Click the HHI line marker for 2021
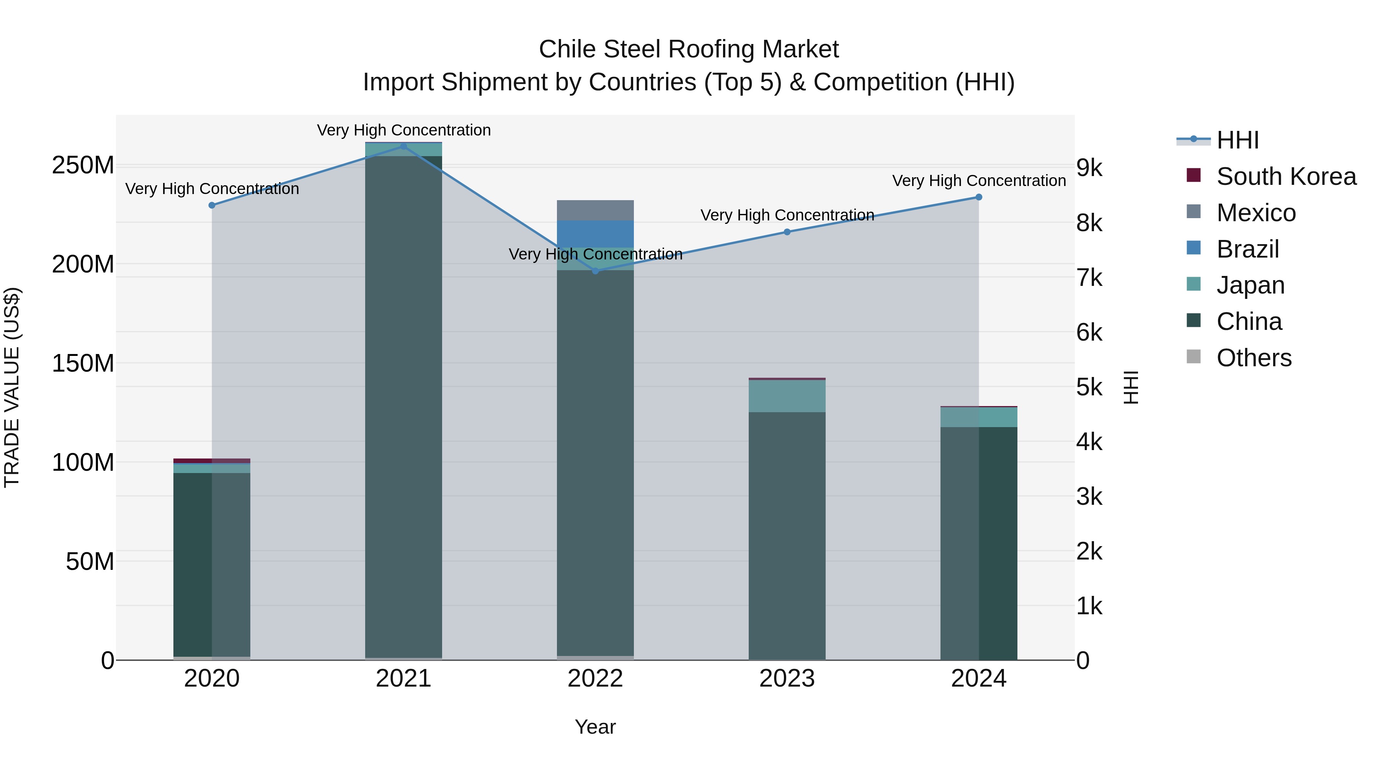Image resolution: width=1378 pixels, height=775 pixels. [x=403, y=147]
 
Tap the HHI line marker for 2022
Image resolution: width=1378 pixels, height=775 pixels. [x=595, y=271]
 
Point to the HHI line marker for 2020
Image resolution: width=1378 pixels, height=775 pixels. [x=212, y=206]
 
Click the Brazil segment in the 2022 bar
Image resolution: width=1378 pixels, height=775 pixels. [x=595, y=234]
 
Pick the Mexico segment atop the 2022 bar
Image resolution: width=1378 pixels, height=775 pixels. [x=595, y=210]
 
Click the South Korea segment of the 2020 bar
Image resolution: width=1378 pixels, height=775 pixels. [x=212, y=460]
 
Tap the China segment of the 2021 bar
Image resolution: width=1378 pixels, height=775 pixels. [x=403, y=406]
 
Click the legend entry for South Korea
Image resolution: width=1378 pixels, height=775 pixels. [x=1286, y=176]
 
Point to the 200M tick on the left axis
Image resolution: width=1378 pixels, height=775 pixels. [x=83, y=264]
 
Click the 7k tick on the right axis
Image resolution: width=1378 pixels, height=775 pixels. [x=1089, y=278]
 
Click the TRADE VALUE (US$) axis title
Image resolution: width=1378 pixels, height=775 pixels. [x=12, y=387]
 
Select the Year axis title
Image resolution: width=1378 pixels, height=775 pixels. [x=595, y=727]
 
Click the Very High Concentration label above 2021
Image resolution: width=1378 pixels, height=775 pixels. [x=403, y=130]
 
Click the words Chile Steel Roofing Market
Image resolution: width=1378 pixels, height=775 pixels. [x=689, y=49]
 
